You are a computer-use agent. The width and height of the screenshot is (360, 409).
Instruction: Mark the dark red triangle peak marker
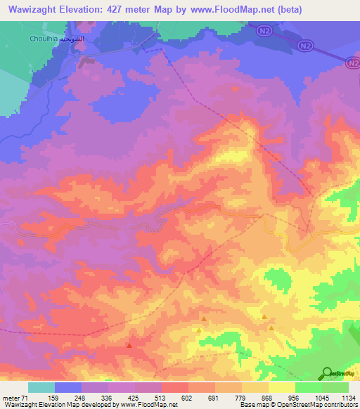tap(129, 344)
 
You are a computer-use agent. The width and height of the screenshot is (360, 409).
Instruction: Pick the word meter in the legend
tap(13, 399)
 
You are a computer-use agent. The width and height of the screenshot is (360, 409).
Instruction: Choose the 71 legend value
tap(29, 399)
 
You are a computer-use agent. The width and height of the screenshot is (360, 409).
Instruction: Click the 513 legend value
tap(162, 399)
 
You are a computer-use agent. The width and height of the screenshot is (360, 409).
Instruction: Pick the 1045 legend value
tap(321, 399)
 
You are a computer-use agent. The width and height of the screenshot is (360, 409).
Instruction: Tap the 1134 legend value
tap(348, 399)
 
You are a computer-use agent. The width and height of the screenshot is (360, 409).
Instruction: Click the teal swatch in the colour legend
tap(41, 387)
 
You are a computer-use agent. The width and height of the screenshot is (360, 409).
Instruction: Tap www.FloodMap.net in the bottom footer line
tap(148, 405)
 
